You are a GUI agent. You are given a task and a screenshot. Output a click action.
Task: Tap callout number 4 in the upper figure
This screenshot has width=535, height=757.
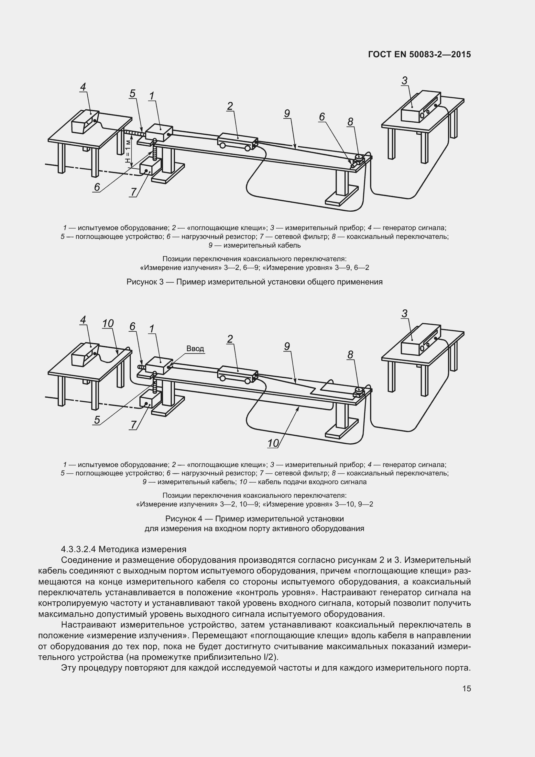pyautogui.click(x=83, y=87)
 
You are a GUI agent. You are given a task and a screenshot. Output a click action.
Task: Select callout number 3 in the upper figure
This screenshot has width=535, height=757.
pyautogui.click(x=405, y=81)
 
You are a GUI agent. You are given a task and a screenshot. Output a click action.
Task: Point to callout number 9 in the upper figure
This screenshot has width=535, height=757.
pyautogui.click(x=287, y=113)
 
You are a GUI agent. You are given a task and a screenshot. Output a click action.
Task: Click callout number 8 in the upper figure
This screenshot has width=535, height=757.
pyautogui.click(x=350, y=122)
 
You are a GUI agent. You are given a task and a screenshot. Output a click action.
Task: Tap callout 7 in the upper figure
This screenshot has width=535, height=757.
pyautogui.click(x=133, y=192)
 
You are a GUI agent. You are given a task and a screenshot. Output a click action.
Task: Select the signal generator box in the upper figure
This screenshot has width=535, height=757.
pyautogui.click(x=85, y=122)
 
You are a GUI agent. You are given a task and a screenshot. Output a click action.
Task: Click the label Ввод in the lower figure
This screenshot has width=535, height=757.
pyautogui.click(x=195, y=349)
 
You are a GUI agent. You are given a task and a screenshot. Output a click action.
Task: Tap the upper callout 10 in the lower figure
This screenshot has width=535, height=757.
pyautogui.click(x=108, y=324)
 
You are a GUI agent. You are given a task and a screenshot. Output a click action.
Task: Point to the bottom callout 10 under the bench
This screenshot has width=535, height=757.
pyautogui.click(x=273, y=443)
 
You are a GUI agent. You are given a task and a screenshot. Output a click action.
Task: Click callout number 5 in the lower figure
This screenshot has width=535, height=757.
pyautogui.click(x=97, y=420)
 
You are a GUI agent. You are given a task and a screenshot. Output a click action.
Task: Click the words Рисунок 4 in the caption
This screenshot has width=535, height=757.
pyautogui.click(x=183, y=519)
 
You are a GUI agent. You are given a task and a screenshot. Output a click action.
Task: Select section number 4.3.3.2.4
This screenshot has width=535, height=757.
pyautogui.click(x=78, y=549)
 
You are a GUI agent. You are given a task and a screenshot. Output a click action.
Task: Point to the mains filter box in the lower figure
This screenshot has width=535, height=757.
pyautogui.click(x=148, y=402)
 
